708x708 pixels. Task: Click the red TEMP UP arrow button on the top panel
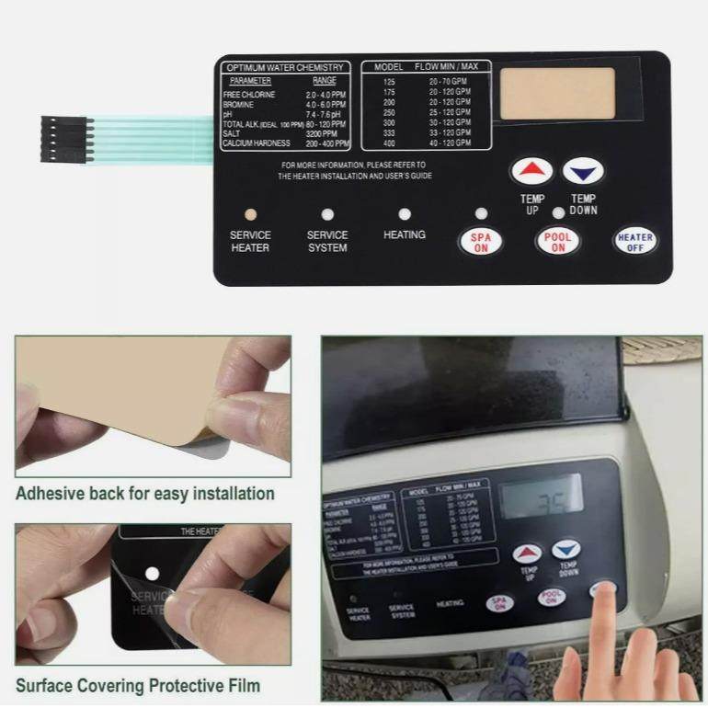pos(532,171)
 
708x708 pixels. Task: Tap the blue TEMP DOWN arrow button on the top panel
pos(583,171)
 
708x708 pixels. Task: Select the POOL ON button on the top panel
pos(557,242)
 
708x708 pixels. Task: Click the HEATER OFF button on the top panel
pos(635,242)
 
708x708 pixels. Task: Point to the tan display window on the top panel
pos(557,93)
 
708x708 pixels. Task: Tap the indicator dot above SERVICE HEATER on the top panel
pos(250,214)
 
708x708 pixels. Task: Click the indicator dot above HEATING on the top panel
pos(405,214)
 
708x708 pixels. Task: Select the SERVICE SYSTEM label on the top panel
pos(327,241)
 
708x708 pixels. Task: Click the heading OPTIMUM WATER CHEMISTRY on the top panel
pos(285,68)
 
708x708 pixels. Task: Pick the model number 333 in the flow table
pos(389,133)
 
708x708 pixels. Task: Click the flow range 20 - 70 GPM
pos(449,83)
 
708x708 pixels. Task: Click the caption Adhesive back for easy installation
pos(145,494)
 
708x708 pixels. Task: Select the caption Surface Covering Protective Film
pos(138,685)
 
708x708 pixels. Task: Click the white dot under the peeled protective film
pos(152,573)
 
